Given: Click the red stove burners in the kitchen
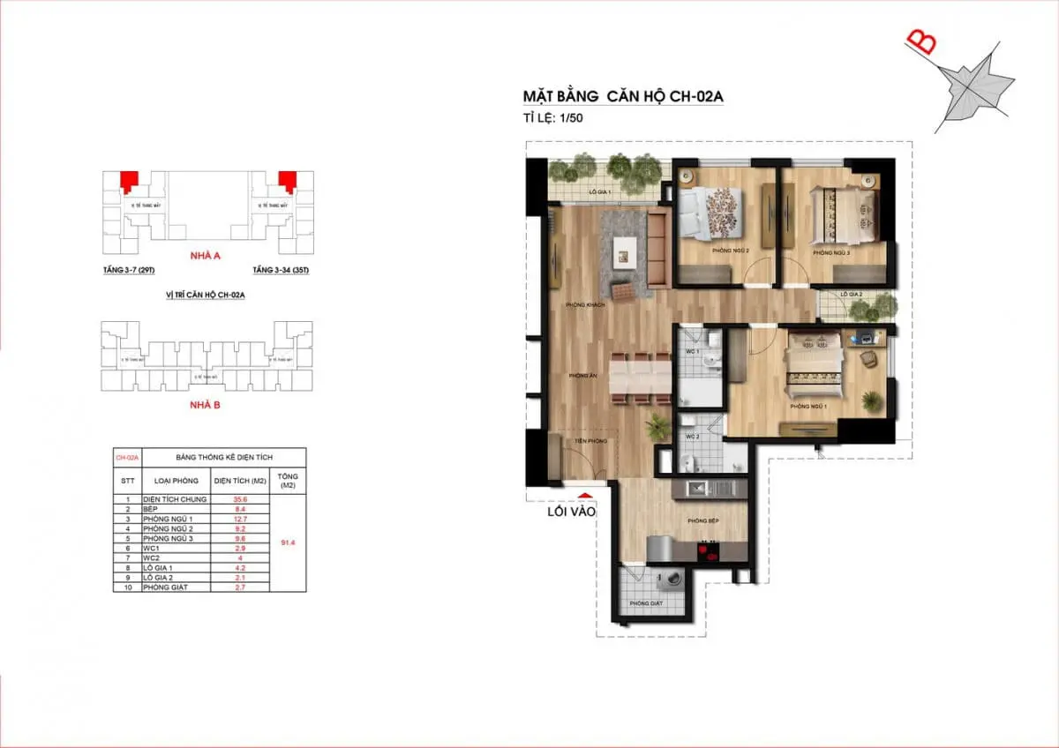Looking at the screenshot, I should tap(708, 554).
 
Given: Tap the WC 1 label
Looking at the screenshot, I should tap(692, 353).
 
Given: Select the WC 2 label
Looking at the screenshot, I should tap(692, 437).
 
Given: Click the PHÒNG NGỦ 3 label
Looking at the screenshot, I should tap(830, 253).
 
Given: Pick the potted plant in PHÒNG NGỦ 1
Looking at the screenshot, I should tap(871, 401).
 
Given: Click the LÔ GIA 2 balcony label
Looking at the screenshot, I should tap(851, 294).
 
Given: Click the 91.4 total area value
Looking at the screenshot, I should tap(288, 542).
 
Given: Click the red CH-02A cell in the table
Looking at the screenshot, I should tap(127, 458).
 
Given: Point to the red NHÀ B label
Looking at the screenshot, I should tap(205, 405).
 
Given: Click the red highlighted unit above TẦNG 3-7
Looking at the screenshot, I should tap(130, 179).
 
